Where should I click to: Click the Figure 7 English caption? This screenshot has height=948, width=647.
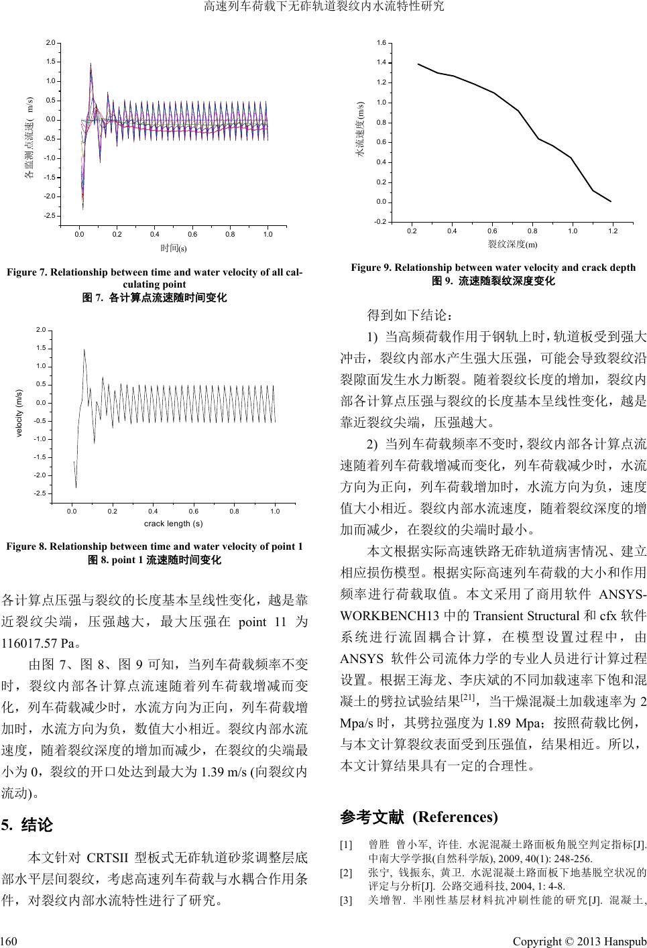tap(154, 278)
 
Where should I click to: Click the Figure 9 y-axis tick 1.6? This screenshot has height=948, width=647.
tap(380, 43)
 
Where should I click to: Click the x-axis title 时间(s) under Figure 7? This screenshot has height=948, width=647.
tap(173, 248)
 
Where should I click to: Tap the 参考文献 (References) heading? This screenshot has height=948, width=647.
tap(419, 817)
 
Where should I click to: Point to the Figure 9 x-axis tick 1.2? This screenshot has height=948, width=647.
tap(612, 231)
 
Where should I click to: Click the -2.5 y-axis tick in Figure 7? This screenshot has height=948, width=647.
tap(50, 216)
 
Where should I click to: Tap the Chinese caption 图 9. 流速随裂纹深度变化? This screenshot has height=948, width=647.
tap(493, 281)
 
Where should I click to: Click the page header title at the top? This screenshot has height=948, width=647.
tap(323, 7)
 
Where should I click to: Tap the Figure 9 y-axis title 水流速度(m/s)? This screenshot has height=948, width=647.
tap(359, 130)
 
